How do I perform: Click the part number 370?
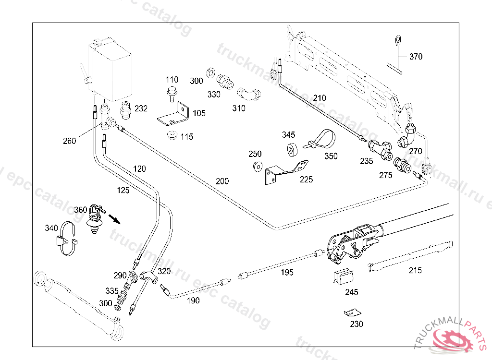[x=416, y=57]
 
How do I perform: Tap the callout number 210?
[x=320, y=98]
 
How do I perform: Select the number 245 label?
[x=351, y=292]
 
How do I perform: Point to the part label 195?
[x=287, y=273]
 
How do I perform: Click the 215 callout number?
[x=415, y=270]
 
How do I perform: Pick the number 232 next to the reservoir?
[x=141, y=108]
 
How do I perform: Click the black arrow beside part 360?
[x=115, y=219]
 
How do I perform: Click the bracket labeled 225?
[x=285, y=171]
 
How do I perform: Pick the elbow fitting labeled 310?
[x=251, y=93]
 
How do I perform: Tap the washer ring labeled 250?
[x=257, y=167]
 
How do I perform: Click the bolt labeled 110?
[x=171, y=92]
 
